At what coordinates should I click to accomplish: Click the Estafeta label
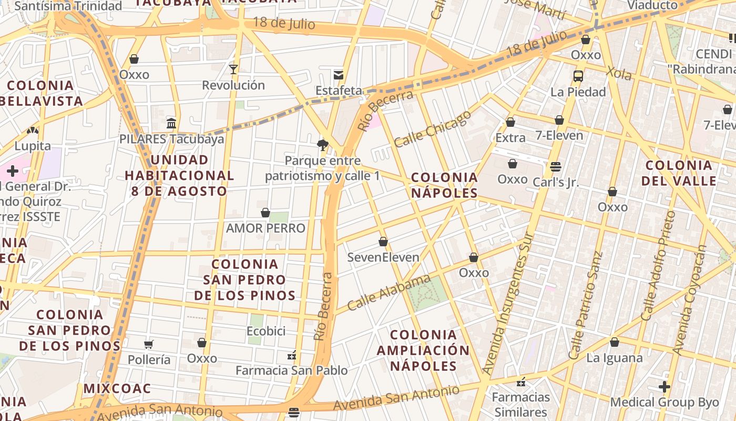pyautogui.click(x=339, y=91)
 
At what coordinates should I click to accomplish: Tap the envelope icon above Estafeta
pyautogui.click(x=339, y=75)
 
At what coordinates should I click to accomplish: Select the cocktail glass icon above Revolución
pyautogui.click(x=233, y=69)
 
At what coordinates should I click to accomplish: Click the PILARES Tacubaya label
pyautogui.click(x=171, y=139)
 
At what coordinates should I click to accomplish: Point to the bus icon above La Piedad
pyautogui.click(x=578, y=76)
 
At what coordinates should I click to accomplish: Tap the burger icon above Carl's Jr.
pyautogui.click(x=556, y=167)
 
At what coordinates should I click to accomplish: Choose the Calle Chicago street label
pyautogui.click(x=432, y=129)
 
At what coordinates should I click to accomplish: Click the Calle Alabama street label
pyautogui.click(x=389, y=292)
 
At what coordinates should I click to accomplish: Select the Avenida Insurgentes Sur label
pyautogui.click(x=508, y=304)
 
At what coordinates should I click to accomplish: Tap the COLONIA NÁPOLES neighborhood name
pyautogui.click(x=444, y=185)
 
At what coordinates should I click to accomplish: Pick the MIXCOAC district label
pyautogui.click(x=117, y=389)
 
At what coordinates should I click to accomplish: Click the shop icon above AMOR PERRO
pyautogui.click(x=265, y=213)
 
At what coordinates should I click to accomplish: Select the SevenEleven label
pyautogui.click(x=383, y=257)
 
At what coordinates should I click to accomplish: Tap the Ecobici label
pyautogui.click(x=266, y=331)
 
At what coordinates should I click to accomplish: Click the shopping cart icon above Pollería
pyautogui.click(x=149, y=344)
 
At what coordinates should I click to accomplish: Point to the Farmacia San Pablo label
pyautogui.click(x=291, y=370)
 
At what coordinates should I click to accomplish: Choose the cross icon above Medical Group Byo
pyautogui.click(x=665, y=387)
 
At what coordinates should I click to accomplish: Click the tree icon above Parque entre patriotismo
pyautogui.click(x=322, y=145)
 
